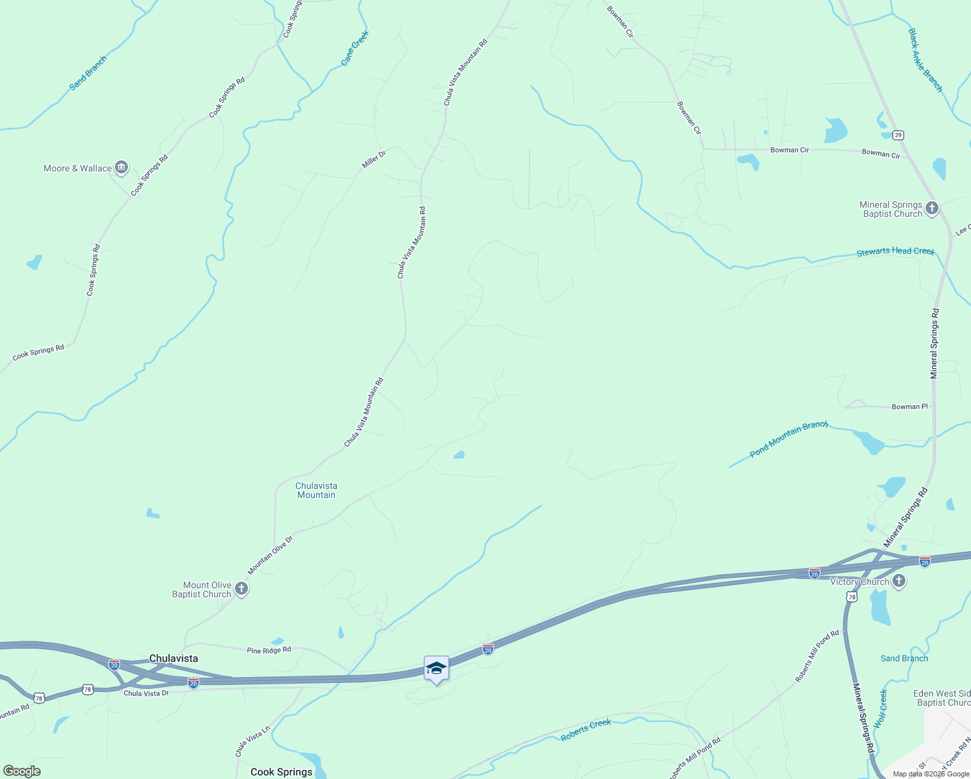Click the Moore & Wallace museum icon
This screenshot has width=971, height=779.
click(x=121, y=168)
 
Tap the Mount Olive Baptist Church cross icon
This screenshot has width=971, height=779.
click(x=241, y=589)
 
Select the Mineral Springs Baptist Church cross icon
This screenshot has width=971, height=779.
click(x=932, y=208)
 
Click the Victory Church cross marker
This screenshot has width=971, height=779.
click(x=899, y=581)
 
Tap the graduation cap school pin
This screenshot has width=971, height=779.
click(x=436, y=669)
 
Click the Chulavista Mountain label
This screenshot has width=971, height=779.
click(x=316, y=490)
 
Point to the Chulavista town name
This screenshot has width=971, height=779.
click(x=173, y=658)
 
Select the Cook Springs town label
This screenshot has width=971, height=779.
click(x=281, y=772)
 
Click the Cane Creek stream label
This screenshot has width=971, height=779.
click(x=355, y=48)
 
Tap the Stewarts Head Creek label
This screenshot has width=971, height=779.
click(x=895, y=251)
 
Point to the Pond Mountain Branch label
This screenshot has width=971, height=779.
click(x=789, y=439)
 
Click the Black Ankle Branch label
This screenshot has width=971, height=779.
click(x=925, y=60)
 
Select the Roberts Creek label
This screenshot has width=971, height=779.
click(x=585, y=730)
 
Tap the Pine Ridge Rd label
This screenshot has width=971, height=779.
click(x=269, y=650)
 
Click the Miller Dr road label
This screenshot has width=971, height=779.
click(x=374, y=159)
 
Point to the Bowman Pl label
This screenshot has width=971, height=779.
click(x=909, y=406)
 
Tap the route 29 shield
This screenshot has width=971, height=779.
click(x=898, y=135)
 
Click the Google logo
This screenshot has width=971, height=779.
click(x=22, y=771)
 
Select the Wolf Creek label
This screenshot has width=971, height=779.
click(x=881, y=709)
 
